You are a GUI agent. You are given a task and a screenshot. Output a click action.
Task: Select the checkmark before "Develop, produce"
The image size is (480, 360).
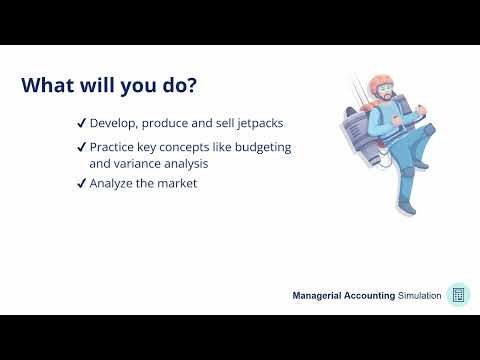tap(80, 124)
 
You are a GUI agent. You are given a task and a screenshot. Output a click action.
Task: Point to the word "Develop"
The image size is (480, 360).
tap(112, 124)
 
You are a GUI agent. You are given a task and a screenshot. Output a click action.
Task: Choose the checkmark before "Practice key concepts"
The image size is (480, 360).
tap(80, 148)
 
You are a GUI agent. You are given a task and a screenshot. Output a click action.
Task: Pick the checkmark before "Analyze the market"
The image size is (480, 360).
tap(80, 183)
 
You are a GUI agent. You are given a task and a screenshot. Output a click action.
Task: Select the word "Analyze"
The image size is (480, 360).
tap(113, 183)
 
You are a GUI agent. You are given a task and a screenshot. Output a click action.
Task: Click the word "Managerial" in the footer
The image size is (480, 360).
tap(321, 296)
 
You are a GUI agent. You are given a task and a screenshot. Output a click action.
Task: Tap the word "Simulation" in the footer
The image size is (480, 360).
tap(419, 296)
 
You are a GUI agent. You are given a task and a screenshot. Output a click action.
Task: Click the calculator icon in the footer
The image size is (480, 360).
tap(458, 294)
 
